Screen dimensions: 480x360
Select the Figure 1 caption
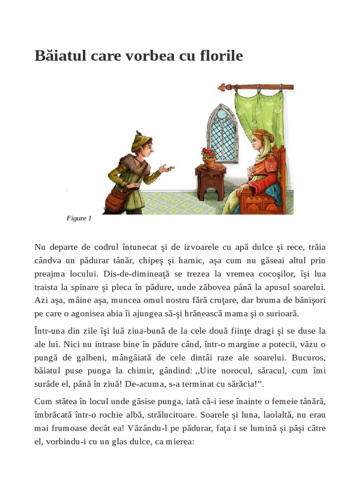point(79,218)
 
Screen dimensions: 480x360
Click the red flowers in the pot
point(209,153)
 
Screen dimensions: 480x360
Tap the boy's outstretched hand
point(166,168)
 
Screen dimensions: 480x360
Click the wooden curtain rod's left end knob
point(222,87)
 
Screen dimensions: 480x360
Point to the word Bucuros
point(307,358)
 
